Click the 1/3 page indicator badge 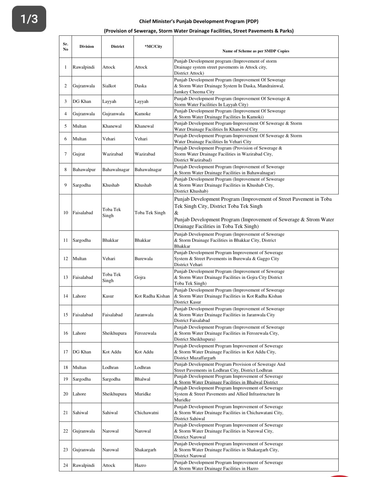point(29,19)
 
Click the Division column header point(86,46)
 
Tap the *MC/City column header point(153,46)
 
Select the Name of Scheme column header point(255,51)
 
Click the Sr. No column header point(65,46)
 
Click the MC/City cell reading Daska point(140,86)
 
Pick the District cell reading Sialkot point(109,86)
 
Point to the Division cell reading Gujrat point(79,154)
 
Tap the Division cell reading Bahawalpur point(84,170)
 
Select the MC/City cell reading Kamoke point(143,114)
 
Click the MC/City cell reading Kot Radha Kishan point(152,296)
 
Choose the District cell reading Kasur point(108,296)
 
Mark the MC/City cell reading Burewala point(144,259)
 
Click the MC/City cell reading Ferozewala point(145,333)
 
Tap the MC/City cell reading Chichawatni point(146,413)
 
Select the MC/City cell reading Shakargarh point(145,450)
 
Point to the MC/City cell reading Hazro point(140,465)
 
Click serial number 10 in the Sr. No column point(66,213)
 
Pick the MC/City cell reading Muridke point(143,394)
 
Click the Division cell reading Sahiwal point(80,413)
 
